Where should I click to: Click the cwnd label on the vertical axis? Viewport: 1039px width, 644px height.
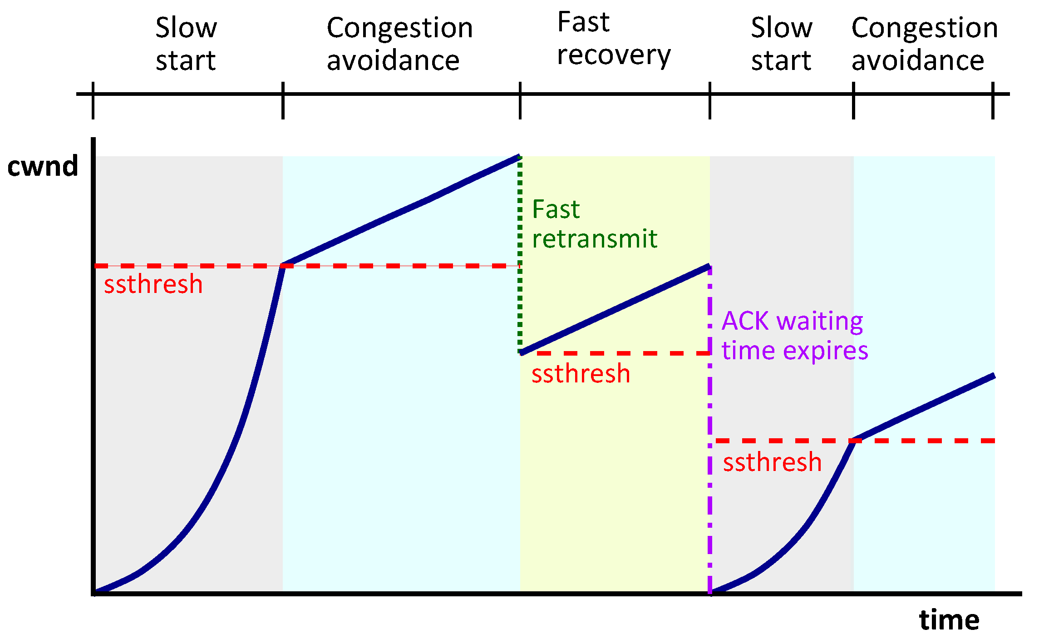coord(43,166)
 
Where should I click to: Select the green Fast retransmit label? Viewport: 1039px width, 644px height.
coord(594,224)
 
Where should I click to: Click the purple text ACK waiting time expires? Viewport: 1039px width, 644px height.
coord(794,336)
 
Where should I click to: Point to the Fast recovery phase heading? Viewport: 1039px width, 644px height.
coord(613,39)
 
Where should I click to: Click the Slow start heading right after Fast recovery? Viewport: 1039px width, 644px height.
coord(781,44)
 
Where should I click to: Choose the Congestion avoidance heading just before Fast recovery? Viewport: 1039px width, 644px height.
coord(399,44)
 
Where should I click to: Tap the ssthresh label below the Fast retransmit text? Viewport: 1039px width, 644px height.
coord(581,374)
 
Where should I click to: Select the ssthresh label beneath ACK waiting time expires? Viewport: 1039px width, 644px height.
coord(772,462)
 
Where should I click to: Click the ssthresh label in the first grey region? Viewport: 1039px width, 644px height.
coord(153,284)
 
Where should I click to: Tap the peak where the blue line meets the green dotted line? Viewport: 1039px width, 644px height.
coord(519,157)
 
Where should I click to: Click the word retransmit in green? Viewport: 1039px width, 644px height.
coord(594,239)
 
